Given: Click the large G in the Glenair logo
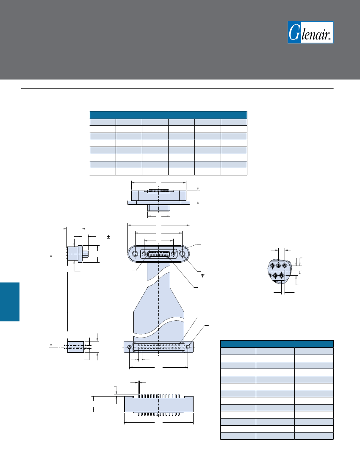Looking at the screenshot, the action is coord(295,32).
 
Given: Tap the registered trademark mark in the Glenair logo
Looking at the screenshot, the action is coord(330,39).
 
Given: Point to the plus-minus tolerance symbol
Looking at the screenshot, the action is coord(109,237).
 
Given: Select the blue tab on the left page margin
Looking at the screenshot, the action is coord(9,302).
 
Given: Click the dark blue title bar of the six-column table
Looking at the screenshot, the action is coord(169,115).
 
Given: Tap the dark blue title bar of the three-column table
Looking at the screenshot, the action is coord(277,344).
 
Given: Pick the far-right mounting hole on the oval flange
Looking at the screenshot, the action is coord(183,254).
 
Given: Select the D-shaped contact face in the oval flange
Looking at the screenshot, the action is coord(159,254).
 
